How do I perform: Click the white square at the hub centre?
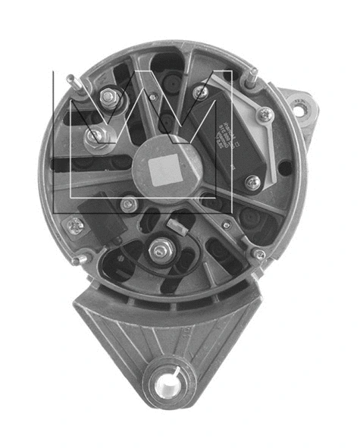coord(165,171)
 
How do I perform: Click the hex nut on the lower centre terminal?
coord(161,249)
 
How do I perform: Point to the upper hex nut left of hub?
coord(108,97)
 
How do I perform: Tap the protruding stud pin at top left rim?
coord(70,78)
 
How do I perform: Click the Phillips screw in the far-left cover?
coord(75,224)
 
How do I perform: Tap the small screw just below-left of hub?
coord(130,204)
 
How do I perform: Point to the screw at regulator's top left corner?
coord(200,92)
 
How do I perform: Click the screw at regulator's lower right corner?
coord(252,182)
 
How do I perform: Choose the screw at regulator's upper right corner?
coord(265,115)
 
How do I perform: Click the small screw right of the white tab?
coord(226,224)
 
